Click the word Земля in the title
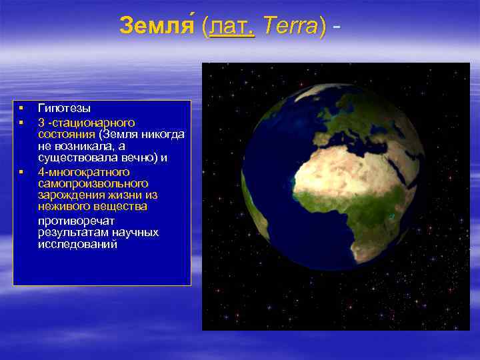[x=159, y=27]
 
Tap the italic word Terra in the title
[x=291, y=27]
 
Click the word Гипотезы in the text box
[x=65, y=107]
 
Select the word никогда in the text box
[x=165, y=133]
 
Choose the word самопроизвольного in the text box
[x=93, y=183]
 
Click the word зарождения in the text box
[x=69, y=195]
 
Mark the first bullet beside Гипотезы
[x=21, y=107]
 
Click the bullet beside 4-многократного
[x=21, y=172]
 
